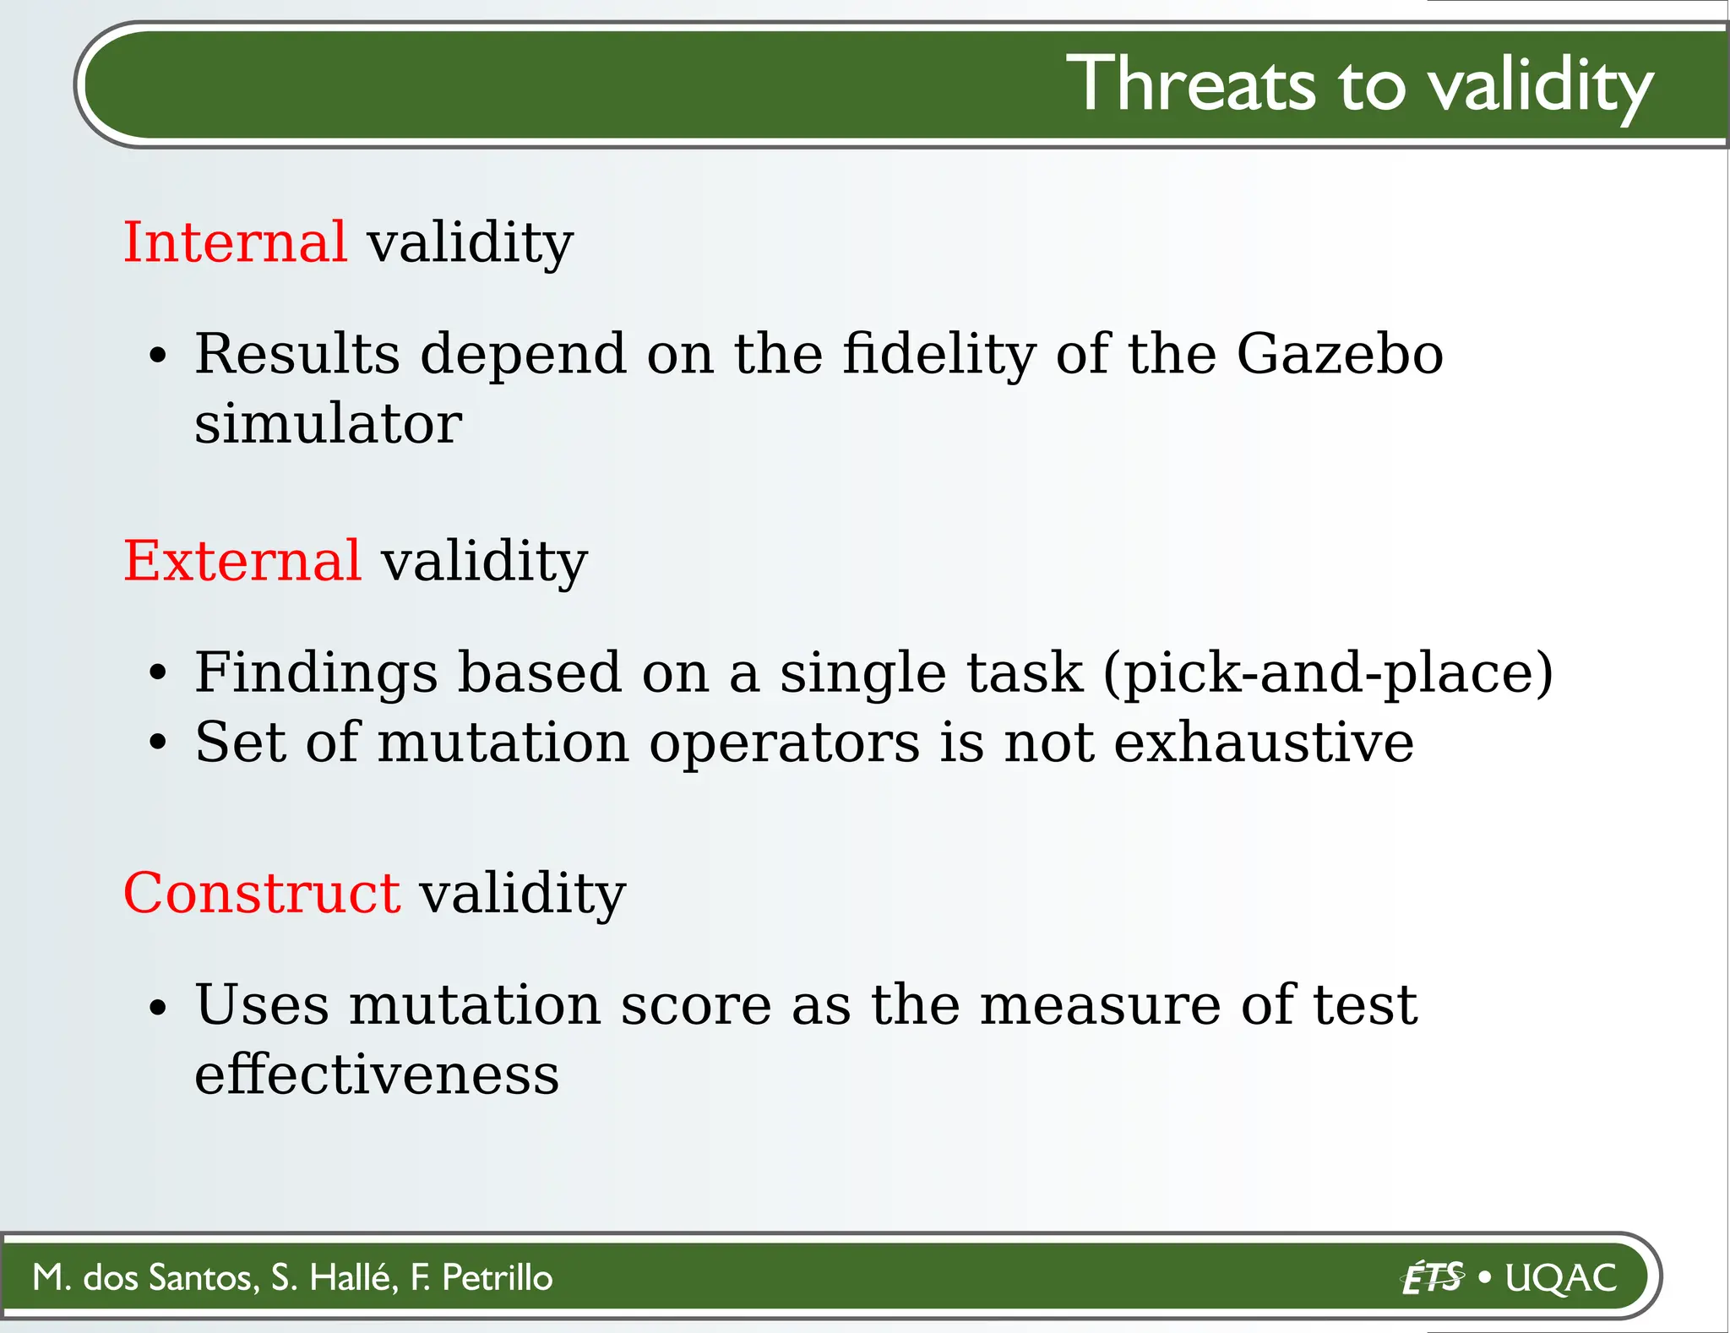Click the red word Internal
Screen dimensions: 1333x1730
tap(234, 242)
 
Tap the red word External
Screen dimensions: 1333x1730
tap(242, 561)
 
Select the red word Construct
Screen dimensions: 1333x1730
tap(261, 893)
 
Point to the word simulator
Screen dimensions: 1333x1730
tap(328, 423)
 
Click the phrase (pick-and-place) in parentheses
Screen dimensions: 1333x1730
tap(1328, 673)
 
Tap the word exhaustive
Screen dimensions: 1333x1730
tap(1264, 743)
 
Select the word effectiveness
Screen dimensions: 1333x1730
tap(377, 1075)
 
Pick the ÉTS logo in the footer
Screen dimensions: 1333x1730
tap(1432, 1277)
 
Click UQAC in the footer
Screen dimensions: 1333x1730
tap(1561, 1277)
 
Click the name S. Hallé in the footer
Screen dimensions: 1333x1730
tap(335, 1277)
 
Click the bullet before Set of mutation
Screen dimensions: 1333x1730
tap(158, 744)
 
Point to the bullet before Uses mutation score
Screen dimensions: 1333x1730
tap(158, 1008)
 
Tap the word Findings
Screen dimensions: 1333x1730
tap(316, 673)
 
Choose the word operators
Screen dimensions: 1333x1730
tap(785, 744)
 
